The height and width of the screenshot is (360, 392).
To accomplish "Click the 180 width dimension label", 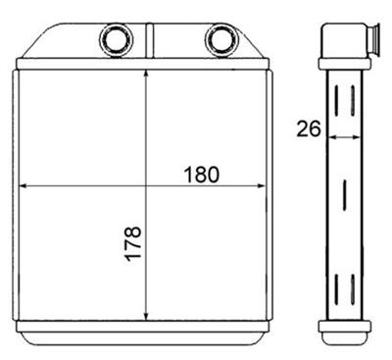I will coord(201,175).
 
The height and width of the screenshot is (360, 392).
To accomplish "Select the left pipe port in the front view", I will coord(115,41).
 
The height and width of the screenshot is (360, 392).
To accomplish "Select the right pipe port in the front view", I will coord(221,41).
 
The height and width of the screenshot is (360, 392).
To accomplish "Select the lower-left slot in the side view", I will coord(338,290).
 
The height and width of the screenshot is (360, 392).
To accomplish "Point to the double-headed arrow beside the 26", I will coord(344,137).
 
